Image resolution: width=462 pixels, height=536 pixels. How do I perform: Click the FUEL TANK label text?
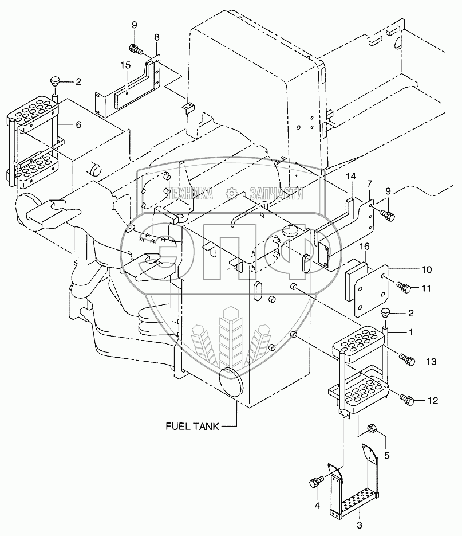[x=191, y=426]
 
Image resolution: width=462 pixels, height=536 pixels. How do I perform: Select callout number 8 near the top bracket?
[x=156, y=37]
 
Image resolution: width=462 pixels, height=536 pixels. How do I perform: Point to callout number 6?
[x=78, y=124]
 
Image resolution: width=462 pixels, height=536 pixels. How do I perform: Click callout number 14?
[x=350, y=176]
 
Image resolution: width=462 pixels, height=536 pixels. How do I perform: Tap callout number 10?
[x=427, y=269]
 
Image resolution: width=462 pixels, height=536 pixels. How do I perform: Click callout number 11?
[x=427, y=289]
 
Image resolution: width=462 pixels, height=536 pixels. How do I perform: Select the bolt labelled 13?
[x=407, y=361]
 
